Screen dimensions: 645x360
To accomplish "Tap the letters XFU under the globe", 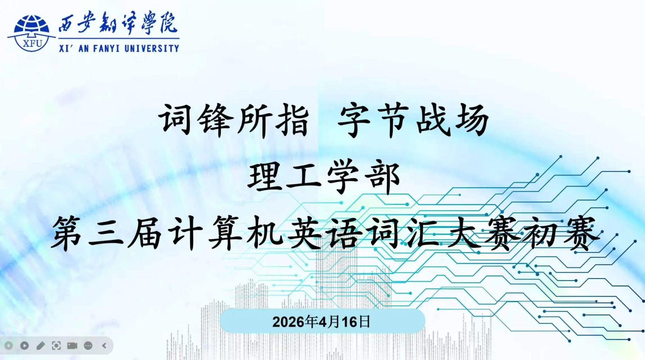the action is [32, 43].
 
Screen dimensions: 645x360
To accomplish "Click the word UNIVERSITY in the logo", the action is [152, 48].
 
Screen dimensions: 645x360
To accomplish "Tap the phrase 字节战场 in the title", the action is [413, 120].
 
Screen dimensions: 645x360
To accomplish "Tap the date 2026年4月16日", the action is [321, 322].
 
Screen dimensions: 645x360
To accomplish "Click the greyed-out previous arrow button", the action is [9, 346].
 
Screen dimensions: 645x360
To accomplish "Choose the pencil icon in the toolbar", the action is [41, 346].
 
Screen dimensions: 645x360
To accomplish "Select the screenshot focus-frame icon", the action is [56, 346].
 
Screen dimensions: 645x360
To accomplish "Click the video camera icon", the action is [72, 346].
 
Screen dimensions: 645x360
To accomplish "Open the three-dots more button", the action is [88, 346].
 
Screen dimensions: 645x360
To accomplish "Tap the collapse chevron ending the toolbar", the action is [104, 346].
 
